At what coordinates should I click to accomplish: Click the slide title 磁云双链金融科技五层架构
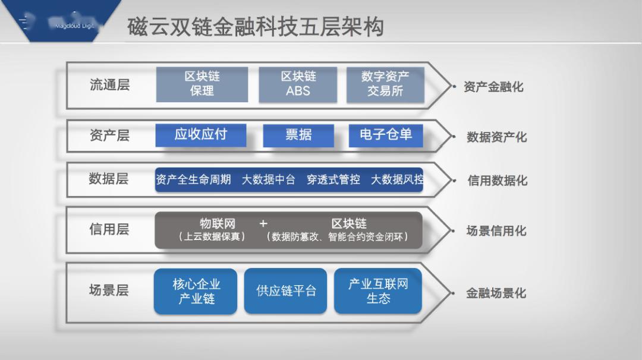[x=256, y=27]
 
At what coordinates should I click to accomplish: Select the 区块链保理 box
[x=202, y=84]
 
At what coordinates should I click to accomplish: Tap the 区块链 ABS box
[x=298, y=84]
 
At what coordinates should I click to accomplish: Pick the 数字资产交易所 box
[x=385, y=84]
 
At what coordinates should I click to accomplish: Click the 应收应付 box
[x=200, y=135]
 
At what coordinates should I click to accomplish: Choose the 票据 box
[x=298, y=135]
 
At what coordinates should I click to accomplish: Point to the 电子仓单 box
[x=385, y=135]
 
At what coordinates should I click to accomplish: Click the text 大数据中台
[x=268, y=179]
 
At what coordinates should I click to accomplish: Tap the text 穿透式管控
[x=333, y=179]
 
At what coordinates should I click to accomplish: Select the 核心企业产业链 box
[x=196, y=291]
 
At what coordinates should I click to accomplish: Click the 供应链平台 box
[x=285, y=291]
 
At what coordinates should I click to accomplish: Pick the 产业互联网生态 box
[x=378, y=291]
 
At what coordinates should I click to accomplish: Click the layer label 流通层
[x=109, y=85]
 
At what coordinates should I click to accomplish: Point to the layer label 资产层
[x=109, y=135]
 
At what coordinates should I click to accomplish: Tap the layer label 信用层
[x=109, y=229]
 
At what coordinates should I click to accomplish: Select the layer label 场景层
[x=109, y=290]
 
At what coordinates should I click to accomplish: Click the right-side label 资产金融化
[x=493, y=87]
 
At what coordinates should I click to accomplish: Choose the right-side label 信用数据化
[x=497, y=181]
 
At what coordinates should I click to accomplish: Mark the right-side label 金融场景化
[x=496, y=293]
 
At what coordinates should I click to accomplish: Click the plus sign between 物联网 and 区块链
[x=263, y=224]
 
